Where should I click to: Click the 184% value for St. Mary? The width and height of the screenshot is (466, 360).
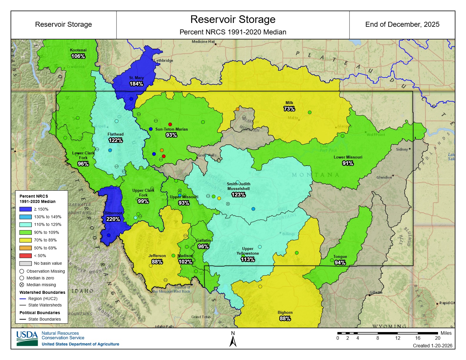click(x=136, y=84)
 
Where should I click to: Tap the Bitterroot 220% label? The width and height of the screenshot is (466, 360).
click(x=113, y=219)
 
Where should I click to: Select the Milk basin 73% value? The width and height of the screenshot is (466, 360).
click(x=289, y=109)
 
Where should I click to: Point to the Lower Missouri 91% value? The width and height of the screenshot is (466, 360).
click(x=348, y=163)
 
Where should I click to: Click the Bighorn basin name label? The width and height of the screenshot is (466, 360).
click(x=285, y=312)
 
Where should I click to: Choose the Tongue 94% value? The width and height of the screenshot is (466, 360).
click(x=340, y=263)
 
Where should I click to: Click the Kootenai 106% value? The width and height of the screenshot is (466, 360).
click(x=78, y=56)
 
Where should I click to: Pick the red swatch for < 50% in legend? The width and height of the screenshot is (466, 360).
click(x=25, y=256)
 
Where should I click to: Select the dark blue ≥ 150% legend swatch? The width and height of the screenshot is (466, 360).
click(x=25, y=209)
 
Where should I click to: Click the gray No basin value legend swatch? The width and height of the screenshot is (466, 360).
click(x=25, y=263)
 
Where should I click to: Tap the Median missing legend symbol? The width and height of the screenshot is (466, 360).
click(x=22, y=285)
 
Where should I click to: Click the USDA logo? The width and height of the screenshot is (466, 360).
click(x=27, y=339)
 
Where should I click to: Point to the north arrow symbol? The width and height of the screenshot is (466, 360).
click(x=233, y=341)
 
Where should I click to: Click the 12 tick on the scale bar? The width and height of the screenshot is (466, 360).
click(x=397, y=338)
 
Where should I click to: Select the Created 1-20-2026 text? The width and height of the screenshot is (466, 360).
click(x=432, y=346)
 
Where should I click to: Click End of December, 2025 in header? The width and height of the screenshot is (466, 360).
click(x=402, y=24)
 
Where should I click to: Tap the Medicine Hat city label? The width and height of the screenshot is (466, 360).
click(x=203, y=41)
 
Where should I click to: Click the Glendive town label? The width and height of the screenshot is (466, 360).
click(x=384, y=177)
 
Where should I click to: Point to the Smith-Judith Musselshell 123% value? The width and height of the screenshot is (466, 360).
click(x=238, y=195)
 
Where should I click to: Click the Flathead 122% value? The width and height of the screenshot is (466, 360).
click(x=116, y=140)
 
